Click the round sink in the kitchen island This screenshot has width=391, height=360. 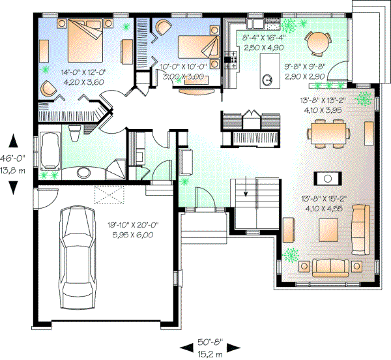268,81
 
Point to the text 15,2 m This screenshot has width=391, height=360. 210,353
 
